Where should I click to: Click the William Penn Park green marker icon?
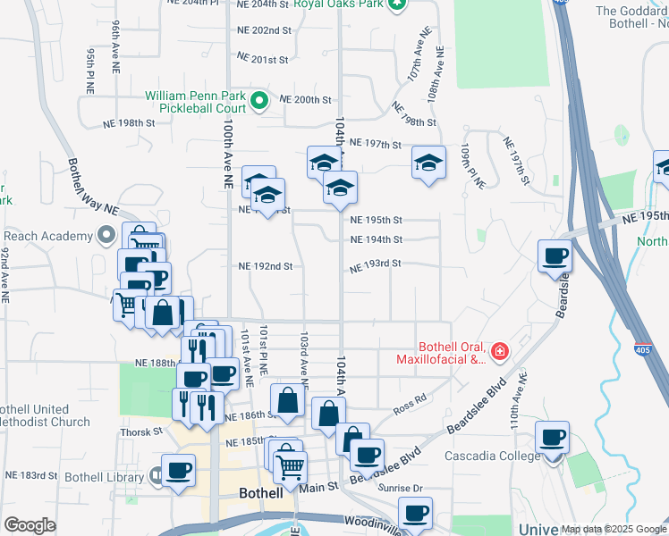(x=259, y=100)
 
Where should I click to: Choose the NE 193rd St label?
(x=375, y=264)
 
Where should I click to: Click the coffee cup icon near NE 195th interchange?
(x=555, y=255)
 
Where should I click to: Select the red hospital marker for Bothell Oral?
(x=499, y=351)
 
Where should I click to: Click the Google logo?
(x=30, y=525)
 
